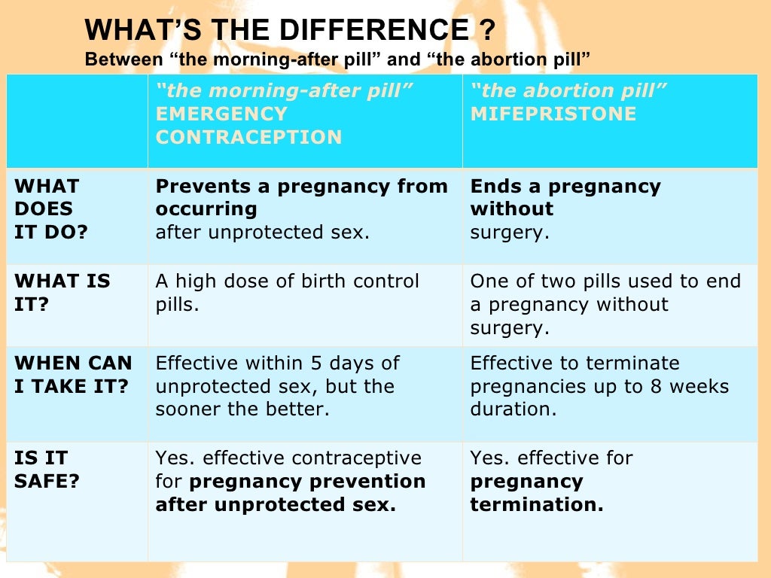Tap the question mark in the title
click(486, 31)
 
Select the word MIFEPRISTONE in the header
click(553, 114)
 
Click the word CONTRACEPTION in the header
click(248, 138)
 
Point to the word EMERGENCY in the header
click(221, 114)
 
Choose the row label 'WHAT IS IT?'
click(62, 293)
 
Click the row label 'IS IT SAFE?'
click(46, 469)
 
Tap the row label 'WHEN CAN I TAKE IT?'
click(72, 374)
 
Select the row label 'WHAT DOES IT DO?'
click(50, 208)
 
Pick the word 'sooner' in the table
click(187, 410)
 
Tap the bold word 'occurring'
click(206, 208)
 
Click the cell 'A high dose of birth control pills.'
click(287, 293)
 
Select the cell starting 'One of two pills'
click(605, 304)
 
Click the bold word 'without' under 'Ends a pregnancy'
click(511, 208)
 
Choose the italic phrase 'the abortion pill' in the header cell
click(568, 91)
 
